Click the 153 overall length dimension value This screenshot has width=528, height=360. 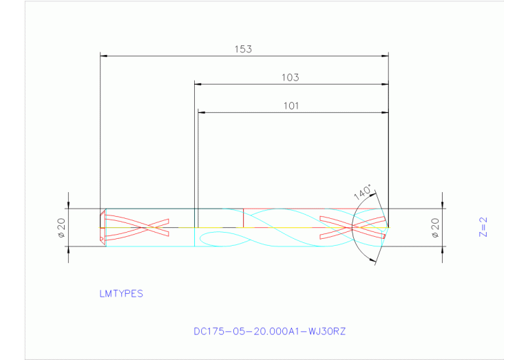243,49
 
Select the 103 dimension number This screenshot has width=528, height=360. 290,78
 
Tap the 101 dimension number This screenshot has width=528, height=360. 290,106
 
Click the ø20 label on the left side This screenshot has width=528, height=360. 61,227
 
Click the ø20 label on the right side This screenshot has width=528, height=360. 434,227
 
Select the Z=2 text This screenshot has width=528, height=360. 483,227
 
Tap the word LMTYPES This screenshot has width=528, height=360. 121,293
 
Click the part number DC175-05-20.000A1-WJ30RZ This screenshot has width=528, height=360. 269,331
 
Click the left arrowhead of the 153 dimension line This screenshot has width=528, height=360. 104,56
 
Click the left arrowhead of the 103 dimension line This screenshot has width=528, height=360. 198,84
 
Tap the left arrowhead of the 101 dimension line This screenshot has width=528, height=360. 202,112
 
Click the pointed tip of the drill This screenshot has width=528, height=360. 389,227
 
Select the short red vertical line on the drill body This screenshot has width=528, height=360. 244,218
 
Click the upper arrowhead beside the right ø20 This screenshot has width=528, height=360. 441,205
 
